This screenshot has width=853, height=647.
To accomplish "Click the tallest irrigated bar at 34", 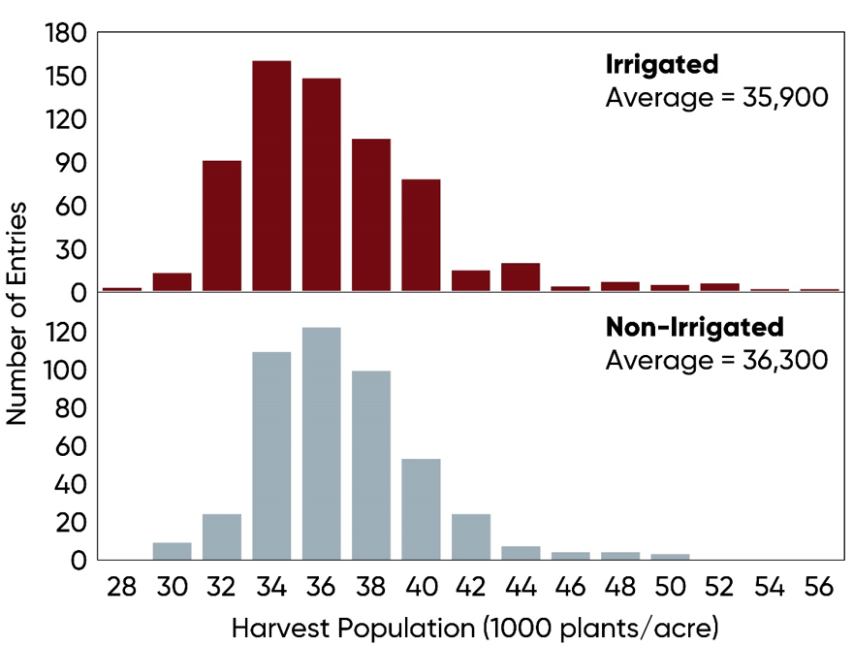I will [x=271, y=176].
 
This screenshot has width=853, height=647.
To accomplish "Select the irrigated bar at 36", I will [x=321, y=184].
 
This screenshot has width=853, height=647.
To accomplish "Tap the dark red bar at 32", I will [x=222, y=225].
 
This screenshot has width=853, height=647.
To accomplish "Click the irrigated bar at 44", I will [x=521, y=277].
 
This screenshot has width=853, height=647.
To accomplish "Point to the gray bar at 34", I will [x=271, y=456].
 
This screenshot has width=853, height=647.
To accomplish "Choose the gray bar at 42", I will [x=470, y=536].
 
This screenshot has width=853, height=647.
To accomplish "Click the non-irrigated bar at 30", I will [x=172, y=551].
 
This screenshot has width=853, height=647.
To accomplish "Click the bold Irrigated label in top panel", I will [x=662, y=65].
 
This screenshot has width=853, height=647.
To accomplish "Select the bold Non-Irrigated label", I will [x=694, y=326].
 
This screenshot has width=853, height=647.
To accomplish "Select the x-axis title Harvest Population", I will [x=474, y=628].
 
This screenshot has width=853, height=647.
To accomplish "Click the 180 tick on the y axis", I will [x=66, y=34].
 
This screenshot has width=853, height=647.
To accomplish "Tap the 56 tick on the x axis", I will [x=819, y=588].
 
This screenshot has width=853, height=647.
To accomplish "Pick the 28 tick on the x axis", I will [x=121, y=588].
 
